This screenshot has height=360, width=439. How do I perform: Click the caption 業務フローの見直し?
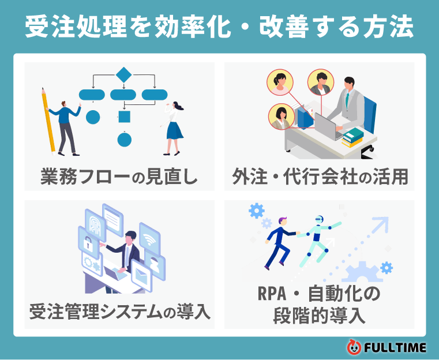(119, 176)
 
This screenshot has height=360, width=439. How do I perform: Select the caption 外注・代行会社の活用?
(320, 176)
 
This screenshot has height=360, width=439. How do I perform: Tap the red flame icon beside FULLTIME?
(354, 347)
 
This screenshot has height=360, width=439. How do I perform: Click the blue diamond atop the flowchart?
(123, 74)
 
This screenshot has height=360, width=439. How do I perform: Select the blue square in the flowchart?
(124, 118)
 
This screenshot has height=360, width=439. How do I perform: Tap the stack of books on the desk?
(352, 137)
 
